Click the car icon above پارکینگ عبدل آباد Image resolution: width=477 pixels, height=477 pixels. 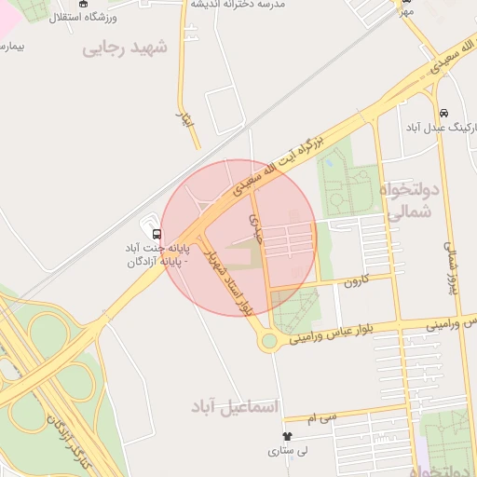point(443,113)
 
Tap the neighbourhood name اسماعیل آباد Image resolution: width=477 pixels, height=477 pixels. point(235,406)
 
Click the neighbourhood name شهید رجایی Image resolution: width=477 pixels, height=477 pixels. point(125,48)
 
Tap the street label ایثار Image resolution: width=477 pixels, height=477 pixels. point(184,118)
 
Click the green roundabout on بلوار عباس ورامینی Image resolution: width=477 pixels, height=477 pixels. point(269,341)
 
